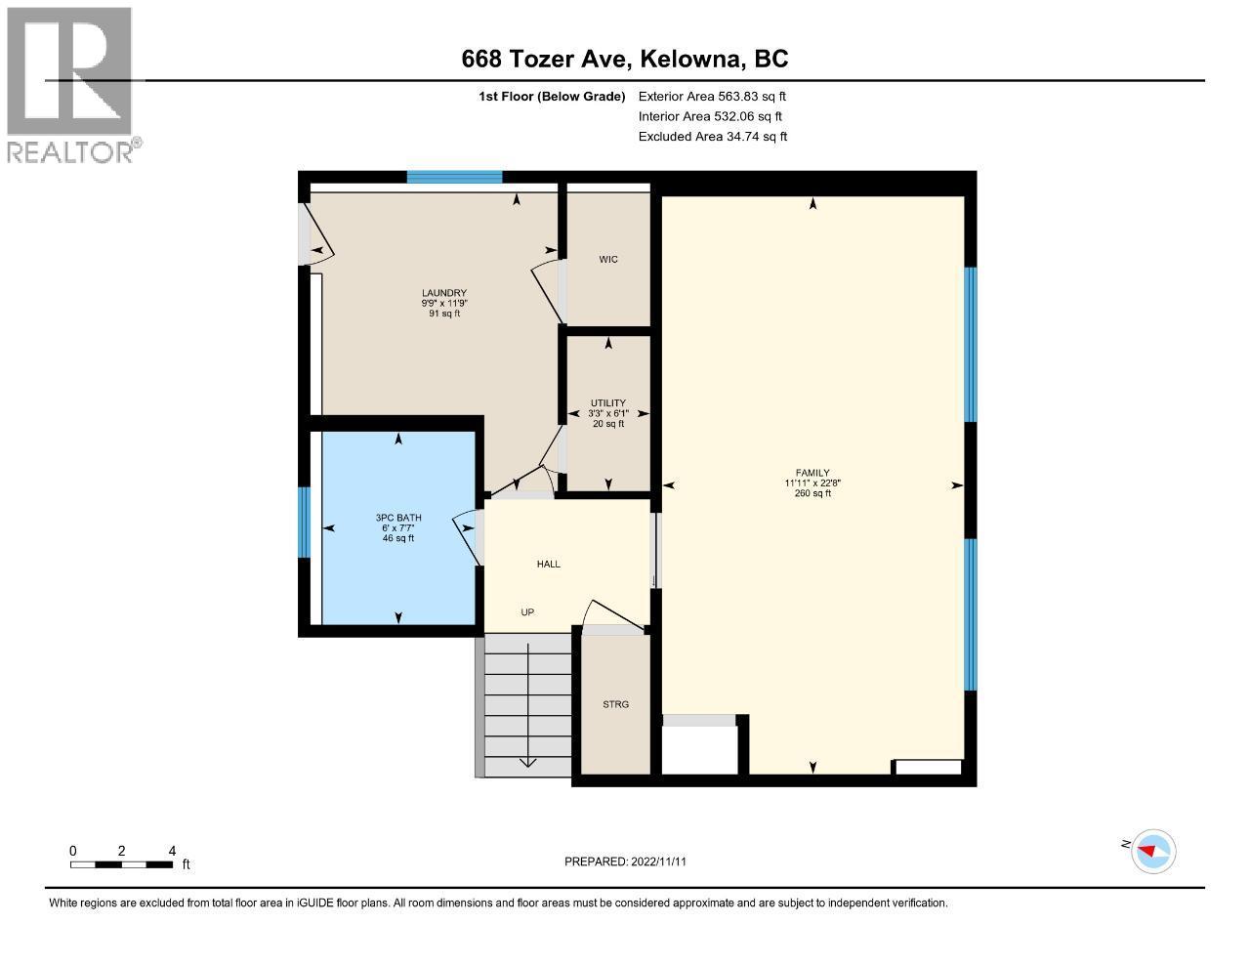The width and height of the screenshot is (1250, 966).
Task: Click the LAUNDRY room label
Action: tap(443, 293)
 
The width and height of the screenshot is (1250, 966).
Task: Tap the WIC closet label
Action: tap(608, 260)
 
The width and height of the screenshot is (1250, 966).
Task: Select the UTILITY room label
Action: tap(607, 403)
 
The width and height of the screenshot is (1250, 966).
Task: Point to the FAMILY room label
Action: tap(812, 473)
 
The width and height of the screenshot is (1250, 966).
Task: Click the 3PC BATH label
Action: tap(398, 518)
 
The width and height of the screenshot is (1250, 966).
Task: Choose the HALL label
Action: tap(548, 565)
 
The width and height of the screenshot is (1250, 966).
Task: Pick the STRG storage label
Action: tap(615, 704)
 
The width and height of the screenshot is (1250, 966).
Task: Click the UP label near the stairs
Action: tap(527, 612)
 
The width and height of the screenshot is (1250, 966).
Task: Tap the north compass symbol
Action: tap(1153, 851)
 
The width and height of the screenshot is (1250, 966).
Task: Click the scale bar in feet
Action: tap(122, 863)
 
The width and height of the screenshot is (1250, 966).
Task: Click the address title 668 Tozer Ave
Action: tap(625, 60)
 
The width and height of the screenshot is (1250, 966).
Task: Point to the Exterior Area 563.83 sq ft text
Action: tap(712, 97)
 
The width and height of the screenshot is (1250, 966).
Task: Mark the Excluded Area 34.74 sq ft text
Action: tap(713, 137)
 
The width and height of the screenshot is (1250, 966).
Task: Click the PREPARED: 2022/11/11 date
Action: tap(632, 861)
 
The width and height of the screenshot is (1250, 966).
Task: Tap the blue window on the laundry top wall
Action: tap(454, 177)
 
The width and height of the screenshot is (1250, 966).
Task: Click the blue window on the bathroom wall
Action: tap(304, 522)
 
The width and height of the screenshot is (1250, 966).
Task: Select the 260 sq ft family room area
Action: tap(812, 493)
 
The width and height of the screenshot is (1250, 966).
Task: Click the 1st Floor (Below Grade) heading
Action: tap(552, 97)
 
